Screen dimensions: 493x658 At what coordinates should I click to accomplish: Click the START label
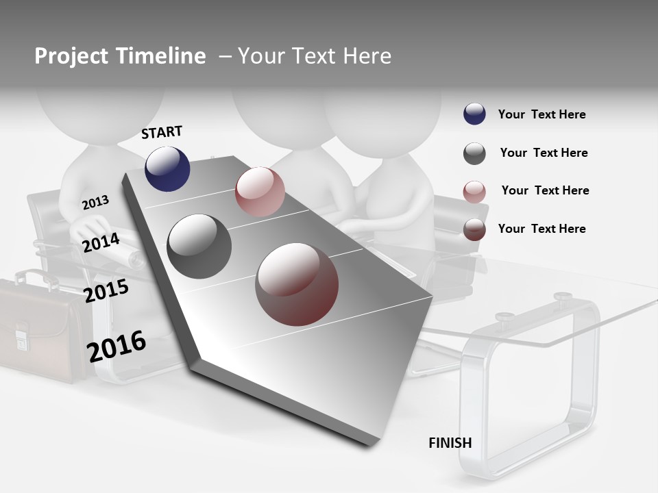162,132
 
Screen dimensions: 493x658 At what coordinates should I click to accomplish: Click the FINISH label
450,443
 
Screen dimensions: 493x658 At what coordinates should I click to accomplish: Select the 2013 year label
95,202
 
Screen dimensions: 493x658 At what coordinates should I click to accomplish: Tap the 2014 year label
101,242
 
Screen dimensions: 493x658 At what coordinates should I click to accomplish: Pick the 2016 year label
117,346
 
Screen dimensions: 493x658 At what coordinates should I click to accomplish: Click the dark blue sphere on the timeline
167,168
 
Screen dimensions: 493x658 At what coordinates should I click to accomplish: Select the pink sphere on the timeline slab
260,192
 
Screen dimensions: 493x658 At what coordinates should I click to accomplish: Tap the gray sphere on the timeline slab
199,246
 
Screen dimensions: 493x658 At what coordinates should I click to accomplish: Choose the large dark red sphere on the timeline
297,284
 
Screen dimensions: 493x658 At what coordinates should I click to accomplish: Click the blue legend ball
474,114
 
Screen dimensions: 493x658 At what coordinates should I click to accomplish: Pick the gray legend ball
474,153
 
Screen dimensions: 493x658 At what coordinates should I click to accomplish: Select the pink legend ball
474,192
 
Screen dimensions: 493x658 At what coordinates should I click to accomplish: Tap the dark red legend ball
474,229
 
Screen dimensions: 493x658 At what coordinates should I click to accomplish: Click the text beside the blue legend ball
541,114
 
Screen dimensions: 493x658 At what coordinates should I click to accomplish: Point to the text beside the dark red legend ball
541,229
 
